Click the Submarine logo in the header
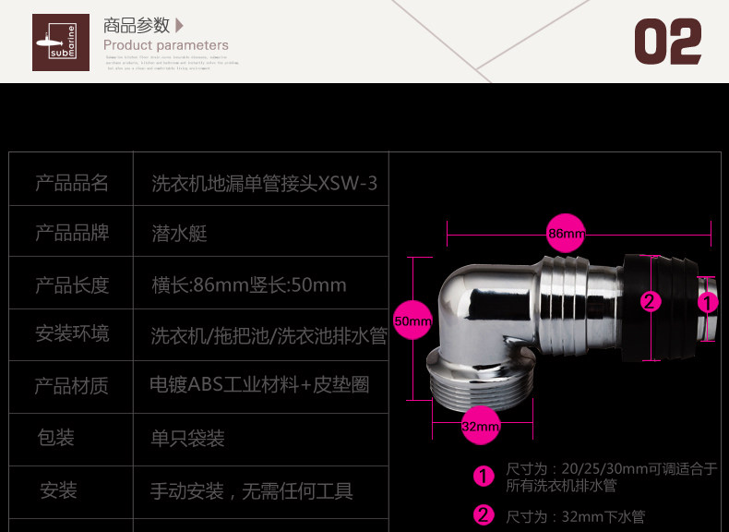tap(61, 42)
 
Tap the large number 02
tap(668, 42)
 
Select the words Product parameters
tap(165, 45)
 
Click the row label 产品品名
tap(72, 183)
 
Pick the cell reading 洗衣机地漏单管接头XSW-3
tap(264, 183)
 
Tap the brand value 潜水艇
tap(179, 233)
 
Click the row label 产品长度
tap(72, 284)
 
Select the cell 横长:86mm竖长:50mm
tap(249, 284)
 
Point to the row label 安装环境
tap(72, 333)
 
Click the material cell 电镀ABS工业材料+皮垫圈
tap(259, 383)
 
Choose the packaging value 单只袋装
tap(188, 437)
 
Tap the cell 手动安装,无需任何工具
tap(252, 490)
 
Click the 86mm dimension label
tap(566, 234)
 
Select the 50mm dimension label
tap(412, 321)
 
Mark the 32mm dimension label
tap(480, 427)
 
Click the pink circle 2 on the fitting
tap(651, 301)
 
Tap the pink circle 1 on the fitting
tap(707, 301)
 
